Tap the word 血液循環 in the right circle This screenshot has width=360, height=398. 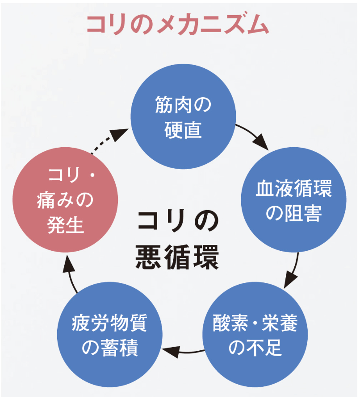[x=293, y=190]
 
